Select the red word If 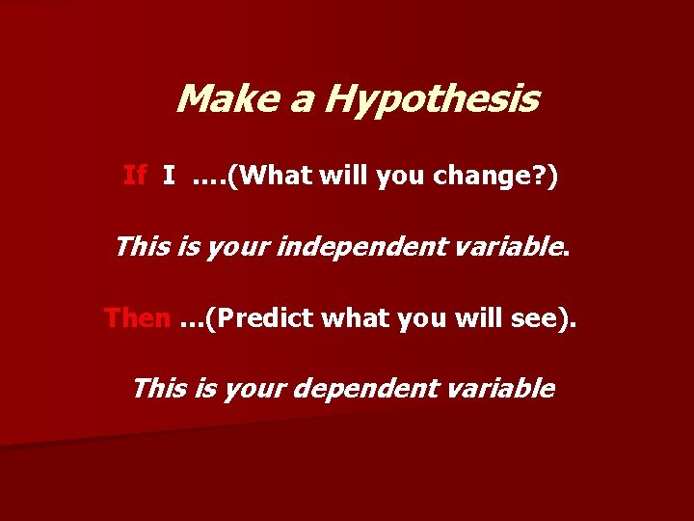click(135, 176)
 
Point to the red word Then click(137, 317)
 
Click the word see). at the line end click(547, 317)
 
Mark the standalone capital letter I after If click(169, 176)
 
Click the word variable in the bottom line click(504, 388)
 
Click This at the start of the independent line click(141, 247)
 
